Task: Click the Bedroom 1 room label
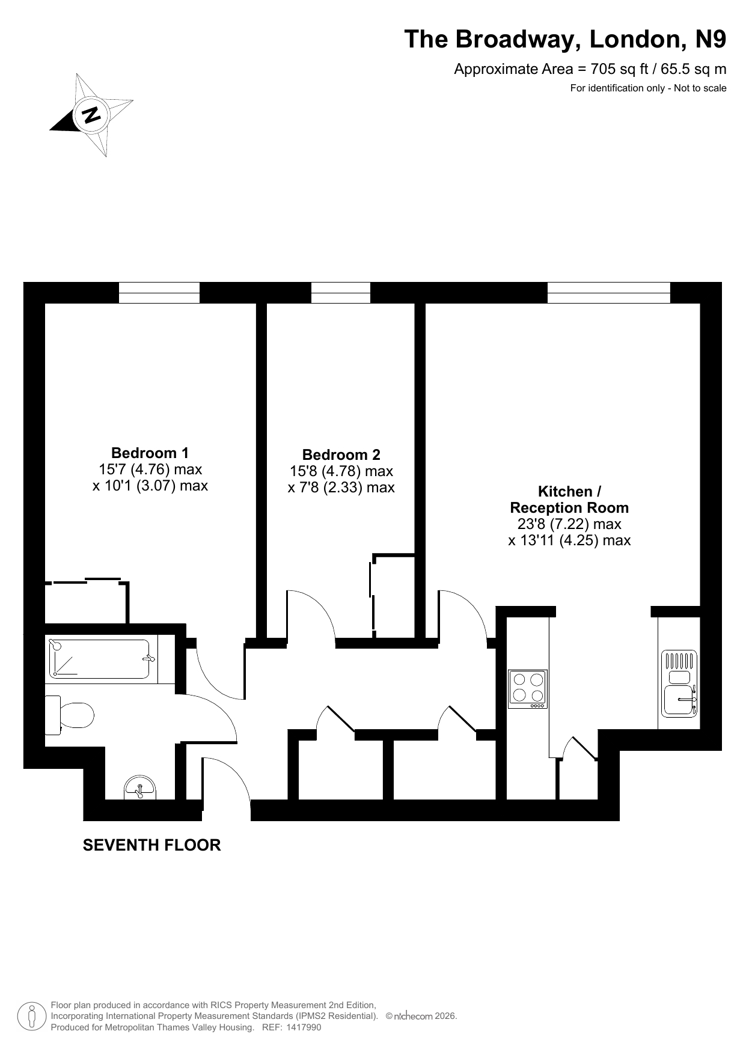point(150,453)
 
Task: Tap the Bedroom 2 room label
point(341,455)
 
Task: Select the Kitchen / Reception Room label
point(569,500)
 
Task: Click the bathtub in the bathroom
point(99,659)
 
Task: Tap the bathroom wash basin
point(140,788)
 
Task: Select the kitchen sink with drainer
point(679,684)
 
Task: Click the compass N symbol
point(91,114)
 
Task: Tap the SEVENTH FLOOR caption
point(151,845)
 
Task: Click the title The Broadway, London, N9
point(565,39)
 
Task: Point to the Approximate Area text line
point(590,69)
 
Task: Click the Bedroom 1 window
point(159,293)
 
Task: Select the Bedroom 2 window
point(341,293)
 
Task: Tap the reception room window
point(608,293)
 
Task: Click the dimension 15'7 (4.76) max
point(150,469)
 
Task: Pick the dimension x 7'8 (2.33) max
point(341,488)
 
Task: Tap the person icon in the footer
point(32,1017)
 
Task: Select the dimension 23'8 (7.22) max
point(569,524)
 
